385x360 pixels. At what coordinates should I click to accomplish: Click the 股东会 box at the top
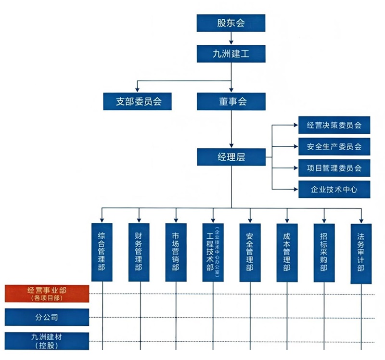point(231,23)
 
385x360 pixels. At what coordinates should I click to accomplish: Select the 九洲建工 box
point(231,53)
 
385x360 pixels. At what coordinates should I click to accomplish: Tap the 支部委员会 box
point(137,102)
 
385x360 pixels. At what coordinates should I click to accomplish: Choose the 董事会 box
point(231,102)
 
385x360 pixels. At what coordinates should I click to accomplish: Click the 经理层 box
point(231,157)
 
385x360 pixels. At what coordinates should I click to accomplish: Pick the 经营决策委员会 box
point(334,126)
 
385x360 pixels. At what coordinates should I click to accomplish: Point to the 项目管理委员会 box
point(334,168)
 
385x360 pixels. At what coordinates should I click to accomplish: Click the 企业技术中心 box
point(334,189)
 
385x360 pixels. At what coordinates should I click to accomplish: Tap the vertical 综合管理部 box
point(102,252)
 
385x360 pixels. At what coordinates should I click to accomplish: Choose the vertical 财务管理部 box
point(139,252)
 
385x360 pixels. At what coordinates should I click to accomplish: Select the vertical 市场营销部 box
point(176,252)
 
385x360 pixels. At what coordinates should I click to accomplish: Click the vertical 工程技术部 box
point(212,252)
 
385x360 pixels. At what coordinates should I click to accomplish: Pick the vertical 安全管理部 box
point(250,252)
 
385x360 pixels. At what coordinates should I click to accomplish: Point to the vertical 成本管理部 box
point(287,252)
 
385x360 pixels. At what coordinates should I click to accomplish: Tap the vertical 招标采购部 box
point(324,252)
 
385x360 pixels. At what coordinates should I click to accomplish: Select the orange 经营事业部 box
point(47,294)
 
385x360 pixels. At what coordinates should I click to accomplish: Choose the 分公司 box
point(47,317)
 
